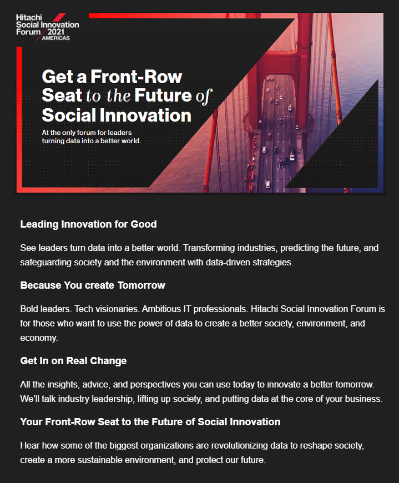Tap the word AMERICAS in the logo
(x=57, y=38)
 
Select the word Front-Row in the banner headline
(x=136, y=76)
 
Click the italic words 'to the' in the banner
(x=108, y=95)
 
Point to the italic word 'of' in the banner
(x=204, y=95)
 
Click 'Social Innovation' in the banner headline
(x=117, y=115)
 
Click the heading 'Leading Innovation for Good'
(x=88, y=224)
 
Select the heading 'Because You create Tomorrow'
(x=93, y=285)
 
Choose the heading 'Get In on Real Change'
(x=73, y=361)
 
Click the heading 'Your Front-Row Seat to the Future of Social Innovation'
(x=150, y=422)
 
